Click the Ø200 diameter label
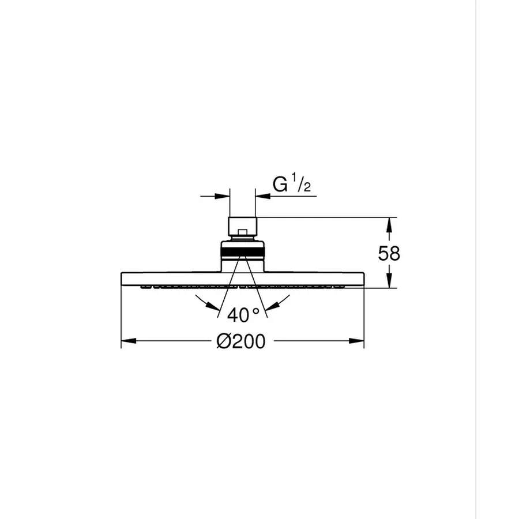pos(241,341)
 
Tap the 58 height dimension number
pos(389,254)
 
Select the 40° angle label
pos(243,315)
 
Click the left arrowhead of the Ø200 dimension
pos(126,341)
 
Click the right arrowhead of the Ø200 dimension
pos(359,341)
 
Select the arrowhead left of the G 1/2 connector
pos(224,197)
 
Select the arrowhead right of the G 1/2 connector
pos(260,197)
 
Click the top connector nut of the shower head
pos(242,227)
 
